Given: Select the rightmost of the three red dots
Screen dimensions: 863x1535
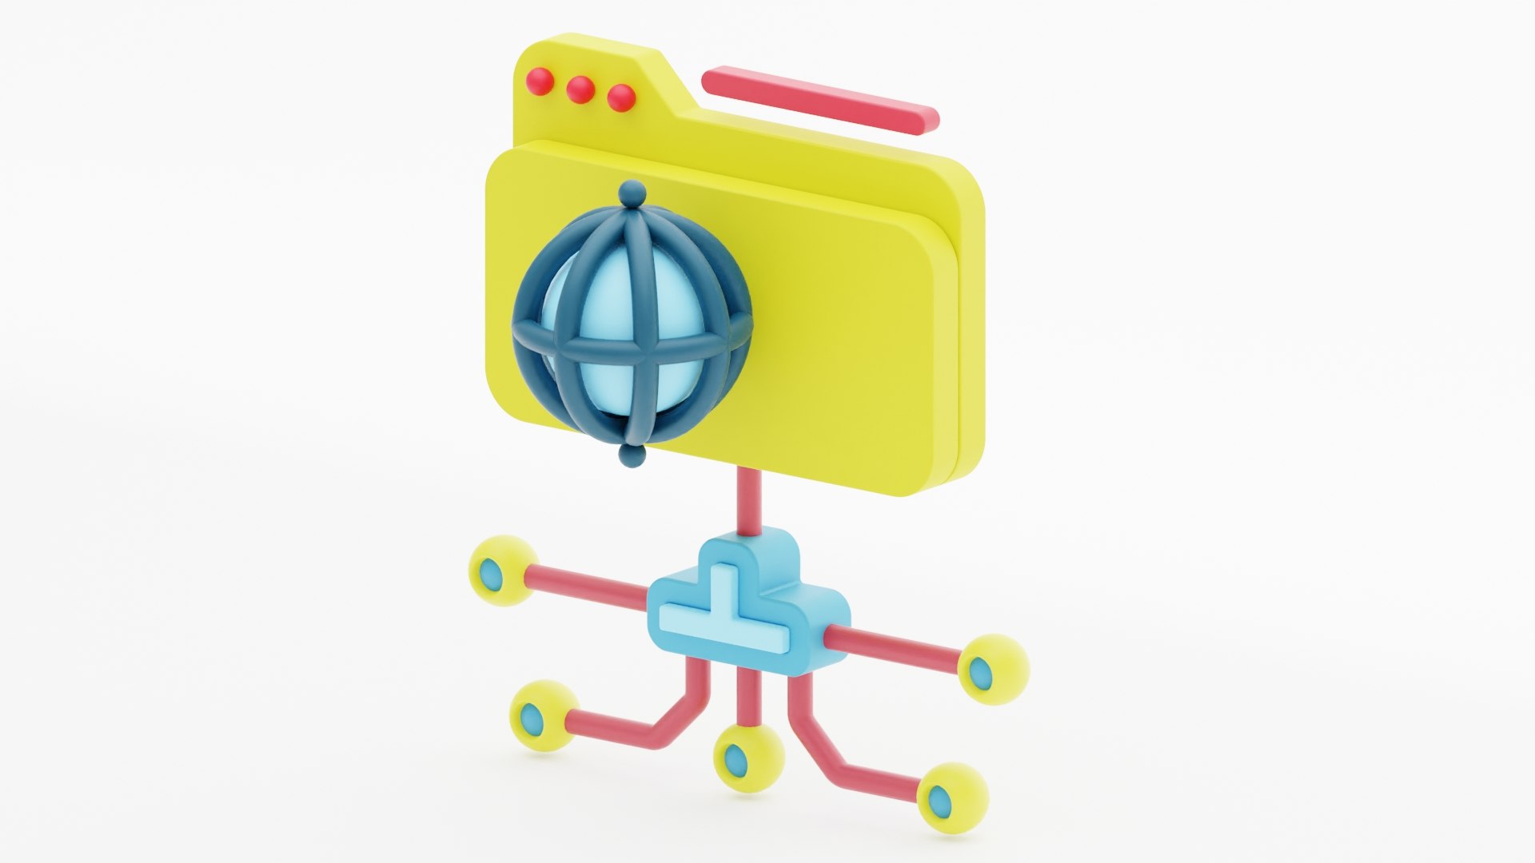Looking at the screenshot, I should coord(621,98).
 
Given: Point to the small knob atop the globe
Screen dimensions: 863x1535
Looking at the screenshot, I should coord(632,193).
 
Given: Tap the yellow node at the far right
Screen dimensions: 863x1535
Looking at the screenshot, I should coord(992,669).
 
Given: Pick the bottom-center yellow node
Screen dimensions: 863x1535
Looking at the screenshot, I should coord(748,755).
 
